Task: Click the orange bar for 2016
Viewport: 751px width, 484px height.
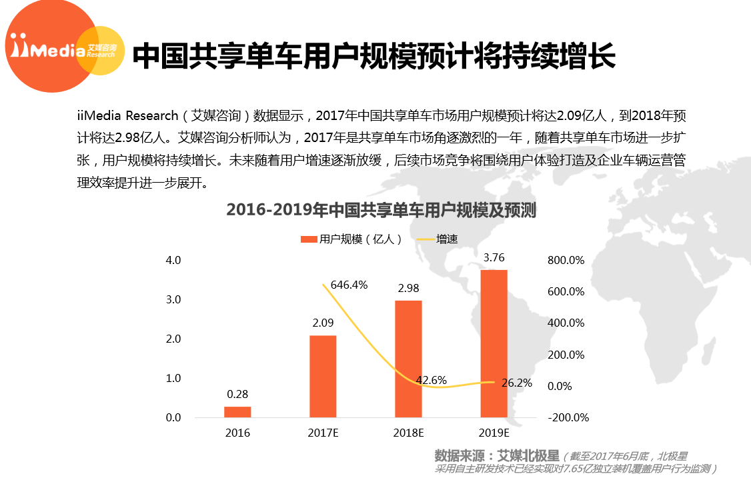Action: pos(237,412)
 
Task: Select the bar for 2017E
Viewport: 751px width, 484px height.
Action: pos(323,377)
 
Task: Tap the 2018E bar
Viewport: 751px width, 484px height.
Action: pos(408,359)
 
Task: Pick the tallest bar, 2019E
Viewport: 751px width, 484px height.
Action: pos(494,344)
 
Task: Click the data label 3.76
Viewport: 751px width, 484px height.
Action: pos(494,257)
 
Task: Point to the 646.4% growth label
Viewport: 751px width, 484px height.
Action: pos(349,285)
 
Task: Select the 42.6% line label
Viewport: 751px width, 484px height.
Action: pos(431,380)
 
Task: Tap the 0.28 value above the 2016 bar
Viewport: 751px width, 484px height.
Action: pos(237,394)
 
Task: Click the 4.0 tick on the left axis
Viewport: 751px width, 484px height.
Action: pos(173,260)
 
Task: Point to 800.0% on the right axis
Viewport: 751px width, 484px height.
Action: pos(566,260)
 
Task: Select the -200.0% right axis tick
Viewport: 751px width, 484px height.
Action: pos(568,418)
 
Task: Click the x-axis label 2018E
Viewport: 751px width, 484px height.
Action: pos(408,433)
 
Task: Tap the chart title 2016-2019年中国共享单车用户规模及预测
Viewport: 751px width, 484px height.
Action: pos(381,210)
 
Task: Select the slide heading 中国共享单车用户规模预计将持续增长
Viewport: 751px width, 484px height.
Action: pos(373,56)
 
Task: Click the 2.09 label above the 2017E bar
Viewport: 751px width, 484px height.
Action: pos(323,323)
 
